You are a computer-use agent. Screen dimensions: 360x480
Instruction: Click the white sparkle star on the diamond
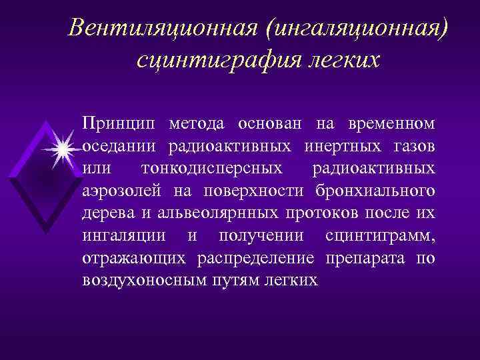pyautogui.click(x=63, y=149)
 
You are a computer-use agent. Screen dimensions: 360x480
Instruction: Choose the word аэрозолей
pyautogui.click(x=123, y=191)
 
